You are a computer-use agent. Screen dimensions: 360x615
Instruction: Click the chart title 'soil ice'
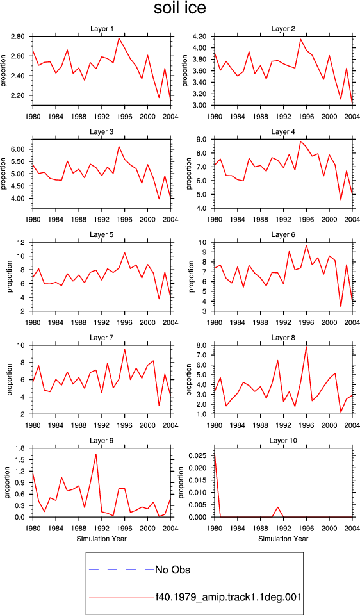coord(179,8)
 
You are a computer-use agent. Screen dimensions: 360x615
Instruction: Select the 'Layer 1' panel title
coord(102,29)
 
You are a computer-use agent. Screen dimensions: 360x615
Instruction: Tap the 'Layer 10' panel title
coord(283,441)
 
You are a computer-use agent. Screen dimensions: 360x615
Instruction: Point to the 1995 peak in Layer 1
coord(119,38)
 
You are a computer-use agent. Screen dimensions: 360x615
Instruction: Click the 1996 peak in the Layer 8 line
coord(306,347)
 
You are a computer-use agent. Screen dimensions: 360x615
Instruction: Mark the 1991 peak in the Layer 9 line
coord(96,454)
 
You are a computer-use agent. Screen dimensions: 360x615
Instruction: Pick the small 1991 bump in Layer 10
coord(277,507)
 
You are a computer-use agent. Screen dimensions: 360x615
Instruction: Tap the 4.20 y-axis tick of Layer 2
coord(204,37)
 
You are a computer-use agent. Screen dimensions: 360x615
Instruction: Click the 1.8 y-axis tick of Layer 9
coord(24,448)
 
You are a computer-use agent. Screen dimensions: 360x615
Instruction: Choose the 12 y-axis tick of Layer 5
coord(26,242)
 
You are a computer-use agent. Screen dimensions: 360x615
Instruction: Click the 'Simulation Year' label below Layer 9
coord(102,539)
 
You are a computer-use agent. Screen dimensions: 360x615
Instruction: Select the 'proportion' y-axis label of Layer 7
coord(10,380)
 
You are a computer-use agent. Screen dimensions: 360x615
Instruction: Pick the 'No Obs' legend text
coord(172,570)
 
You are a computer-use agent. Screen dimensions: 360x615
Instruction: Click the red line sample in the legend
coord(122,598)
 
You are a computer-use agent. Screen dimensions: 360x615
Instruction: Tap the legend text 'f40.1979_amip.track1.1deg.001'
coord(228,597)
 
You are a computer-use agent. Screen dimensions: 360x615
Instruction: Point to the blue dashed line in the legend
coord(122,569)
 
